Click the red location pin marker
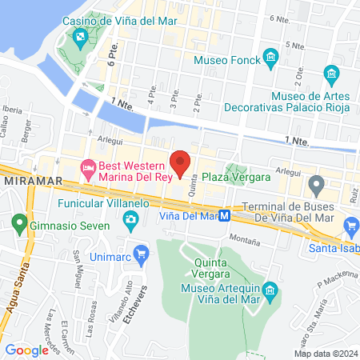point(181,162)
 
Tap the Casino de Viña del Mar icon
point(81,37)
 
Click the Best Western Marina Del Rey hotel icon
point(88,167)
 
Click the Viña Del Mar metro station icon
point(226,215)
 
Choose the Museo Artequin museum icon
point(270,288)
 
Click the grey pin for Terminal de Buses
point(317,187)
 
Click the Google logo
point(26,350)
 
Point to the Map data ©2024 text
point(325,354)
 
